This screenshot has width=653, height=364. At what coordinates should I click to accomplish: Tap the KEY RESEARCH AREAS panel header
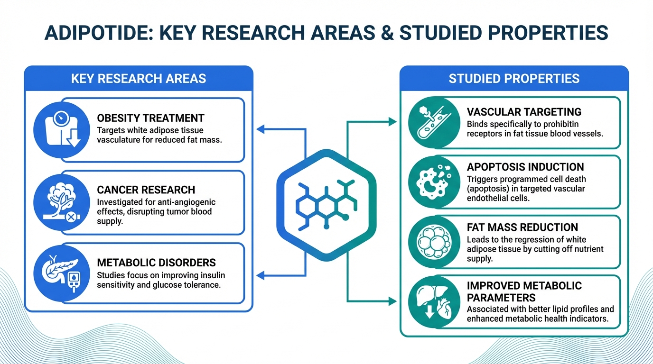click(x=139, y=78)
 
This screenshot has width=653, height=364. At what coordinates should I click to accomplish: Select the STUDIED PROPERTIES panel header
click(x=514, y=78)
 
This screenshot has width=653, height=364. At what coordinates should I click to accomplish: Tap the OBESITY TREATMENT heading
click(x=150, y=118)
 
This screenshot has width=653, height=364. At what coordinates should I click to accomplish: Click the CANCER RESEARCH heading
click(x=146, y=190)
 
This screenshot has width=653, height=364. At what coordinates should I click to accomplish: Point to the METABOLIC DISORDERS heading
click(x=156, y=263)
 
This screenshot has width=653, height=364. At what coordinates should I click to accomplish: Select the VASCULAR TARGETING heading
click(x=524, y=112)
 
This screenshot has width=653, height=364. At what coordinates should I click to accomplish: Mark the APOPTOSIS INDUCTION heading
click(x=525, y=167)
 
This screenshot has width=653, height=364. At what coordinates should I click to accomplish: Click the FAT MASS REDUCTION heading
click(x=522, y=227)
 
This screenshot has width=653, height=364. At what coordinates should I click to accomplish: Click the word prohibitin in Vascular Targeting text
click(x=557, y=124)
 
